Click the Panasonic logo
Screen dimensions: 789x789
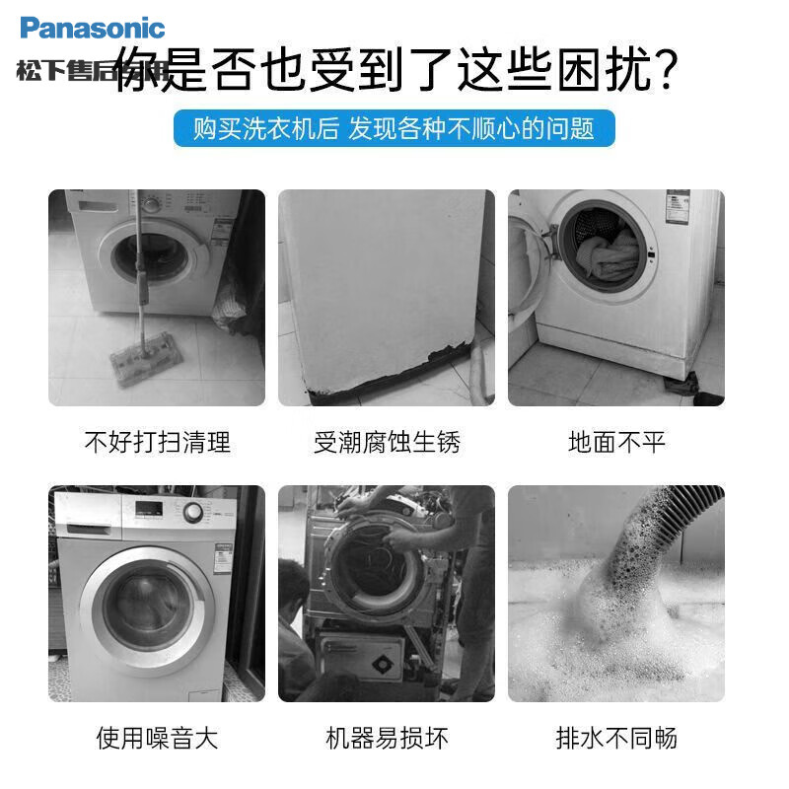click(x=92, y=28)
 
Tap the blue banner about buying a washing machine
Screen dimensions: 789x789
click(x=394, y=128)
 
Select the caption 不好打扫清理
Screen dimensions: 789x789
click(x=157, y=441)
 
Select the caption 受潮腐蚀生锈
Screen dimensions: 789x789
click(x=387, y=441)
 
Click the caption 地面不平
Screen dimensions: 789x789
click(x=616, y=441)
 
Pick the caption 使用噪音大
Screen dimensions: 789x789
click(x=157, y=736)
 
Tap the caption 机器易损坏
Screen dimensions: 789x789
click(x=387, y=736)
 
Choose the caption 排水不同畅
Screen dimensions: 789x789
click(x=616, y=736)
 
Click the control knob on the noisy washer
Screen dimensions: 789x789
click(x=193, y=512)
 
